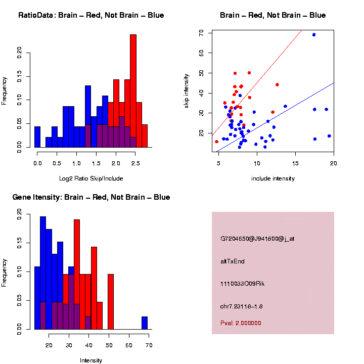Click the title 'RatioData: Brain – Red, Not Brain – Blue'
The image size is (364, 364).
(91, 15)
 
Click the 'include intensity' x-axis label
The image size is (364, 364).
(272, 178)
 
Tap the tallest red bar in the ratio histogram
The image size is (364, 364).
(133, 91)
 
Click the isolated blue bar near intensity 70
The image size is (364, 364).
(145, 323)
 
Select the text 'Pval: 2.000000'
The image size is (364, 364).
(241, 323)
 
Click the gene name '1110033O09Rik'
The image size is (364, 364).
(242, 284)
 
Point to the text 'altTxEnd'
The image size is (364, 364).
(232, 261)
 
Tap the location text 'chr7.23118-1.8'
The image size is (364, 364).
(241, 306)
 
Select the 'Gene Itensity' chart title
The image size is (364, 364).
(91, 197)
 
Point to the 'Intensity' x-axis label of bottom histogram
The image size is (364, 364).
(91, 360)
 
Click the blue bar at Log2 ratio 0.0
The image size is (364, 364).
(37, 137)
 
